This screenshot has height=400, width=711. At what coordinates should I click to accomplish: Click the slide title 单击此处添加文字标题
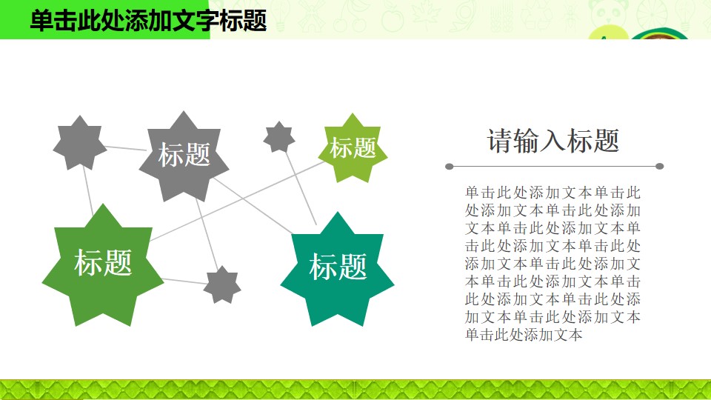(148, 21)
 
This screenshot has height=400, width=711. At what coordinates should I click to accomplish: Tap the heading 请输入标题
(553, 140)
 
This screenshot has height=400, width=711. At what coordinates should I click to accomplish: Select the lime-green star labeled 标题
(353, 148)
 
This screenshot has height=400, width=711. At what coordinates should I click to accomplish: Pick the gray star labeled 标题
(184, 156)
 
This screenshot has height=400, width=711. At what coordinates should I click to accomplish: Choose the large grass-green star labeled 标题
(103, 265)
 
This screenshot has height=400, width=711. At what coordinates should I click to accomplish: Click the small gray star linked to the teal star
(279, 137)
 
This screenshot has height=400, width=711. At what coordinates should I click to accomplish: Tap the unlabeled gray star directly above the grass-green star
(80, 143)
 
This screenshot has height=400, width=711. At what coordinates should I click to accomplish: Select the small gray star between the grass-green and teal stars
(222, 284)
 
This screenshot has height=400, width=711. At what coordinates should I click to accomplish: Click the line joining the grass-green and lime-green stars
(237, 201)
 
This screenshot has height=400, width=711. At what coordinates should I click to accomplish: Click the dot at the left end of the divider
(450, 167)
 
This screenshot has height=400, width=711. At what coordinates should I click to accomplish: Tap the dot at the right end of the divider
(660, 167)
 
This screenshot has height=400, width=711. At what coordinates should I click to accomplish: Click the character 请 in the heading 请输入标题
(500, 140)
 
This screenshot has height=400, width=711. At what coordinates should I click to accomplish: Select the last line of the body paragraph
(524, 335)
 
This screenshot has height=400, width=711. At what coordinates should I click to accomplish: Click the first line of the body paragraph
(553, 193)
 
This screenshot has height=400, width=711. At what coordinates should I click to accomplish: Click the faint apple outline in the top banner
(393, 18)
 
